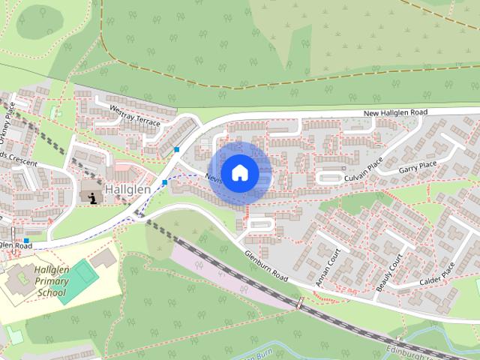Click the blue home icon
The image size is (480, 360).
(x=239, y=173)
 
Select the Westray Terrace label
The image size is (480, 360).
(x=136, y=119)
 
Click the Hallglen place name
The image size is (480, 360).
(x=127, y=189)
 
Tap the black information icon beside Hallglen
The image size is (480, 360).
(x=93, y=197)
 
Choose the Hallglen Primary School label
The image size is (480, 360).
(x=40, y=280)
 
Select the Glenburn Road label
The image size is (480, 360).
(x=265, y=266)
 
